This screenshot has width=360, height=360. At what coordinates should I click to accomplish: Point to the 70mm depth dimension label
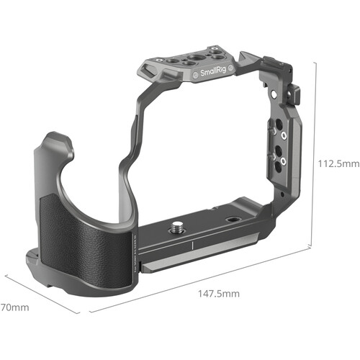[x=14, y=307]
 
